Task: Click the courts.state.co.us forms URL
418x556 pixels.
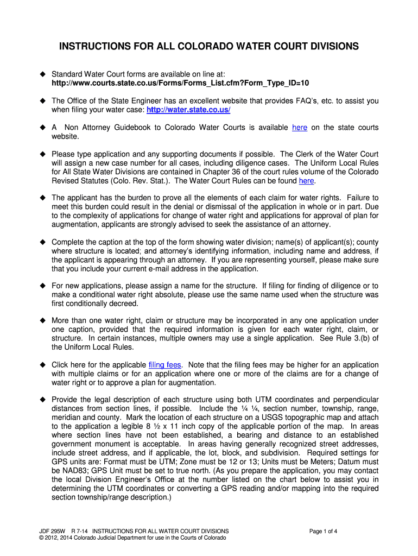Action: tap(180, 83)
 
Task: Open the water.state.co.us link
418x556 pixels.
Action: tap(188, 110)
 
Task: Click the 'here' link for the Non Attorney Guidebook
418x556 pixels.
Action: tap(300, 128)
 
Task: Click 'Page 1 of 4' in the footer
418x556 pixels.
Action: tap(324, 531)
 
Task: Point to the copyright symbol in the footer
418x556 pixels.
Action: tap(35, 538)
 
